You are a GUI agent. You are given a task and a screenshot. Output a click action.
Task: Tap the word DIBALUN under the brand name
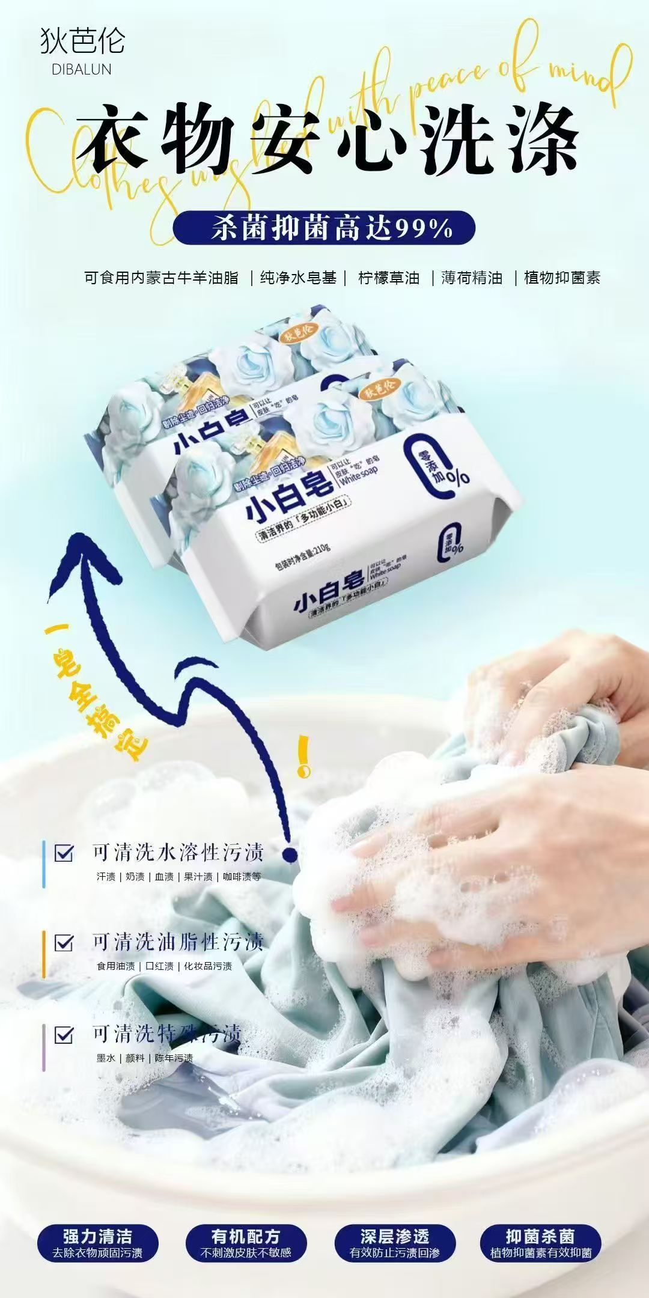click(x=82, y=70)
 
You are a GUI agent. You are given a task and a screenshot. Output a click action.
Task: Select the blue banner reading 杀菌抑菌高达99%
click(x=324, y=228)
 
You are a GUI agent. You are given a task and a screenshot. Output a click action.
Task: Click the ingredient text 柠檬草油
click(x=389, y=278)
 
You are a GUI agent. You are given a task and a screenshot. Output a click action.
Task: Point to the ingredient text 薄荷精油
click(x=472, y=278)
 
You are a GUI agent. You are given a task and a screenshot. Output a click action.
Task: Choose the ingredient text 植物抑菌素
click(x=562, y=278)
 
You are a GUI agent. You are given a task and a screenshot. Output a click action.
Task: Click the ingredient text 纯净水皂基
click(x=298, y=278)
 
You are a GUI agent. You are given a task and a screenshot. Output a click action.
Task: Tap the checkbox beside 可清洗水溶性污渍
click(x=64, y=853)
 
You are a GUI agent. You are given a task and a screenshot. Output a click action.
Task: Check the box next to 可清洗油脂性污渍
click(x=64, y=942)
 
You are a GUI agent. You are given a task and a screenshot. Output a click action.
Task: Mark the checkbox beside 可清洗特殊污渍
click(x=64, y=1035)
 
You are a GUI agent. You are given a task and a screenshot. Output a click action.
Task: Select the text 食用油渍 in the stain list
click(x=116, y=966)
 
